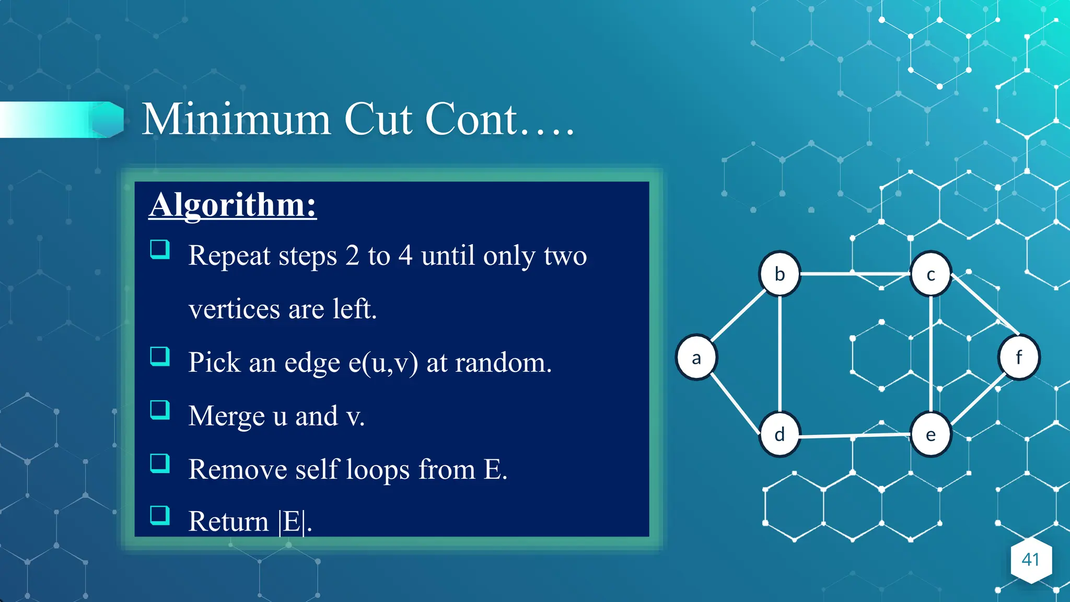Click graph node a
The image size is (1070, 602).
coord(696,357)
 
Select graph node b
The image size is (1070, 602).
coord(780,274)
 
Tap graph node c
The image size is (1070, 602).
coord(931,274)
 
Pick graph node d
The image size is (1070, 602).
coord(780,434)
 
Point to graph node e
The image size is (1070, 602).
coord(931,434)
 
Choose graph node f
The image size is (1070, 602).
coord(1019,357)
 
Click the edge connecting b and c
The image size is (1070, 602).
coord(855,273)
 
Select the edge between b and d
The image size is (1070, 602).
coord(780,354)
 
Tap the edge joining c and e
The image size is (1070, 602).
coord(931,354)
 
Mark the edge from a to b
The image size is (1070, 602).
coord(738,316)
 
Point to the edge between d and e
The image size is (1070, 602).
coord(855,435)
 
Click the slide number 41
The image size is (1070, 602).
coord(1030,560)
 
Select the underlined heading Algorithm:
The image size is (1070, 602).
coord(232,204)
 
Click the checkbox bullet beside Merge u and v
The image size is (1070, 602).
coord(160,410)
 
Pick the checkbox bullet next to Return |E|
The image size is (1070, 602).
coord(160,515)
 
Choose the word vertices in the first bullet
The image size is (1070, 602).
coord(235,309)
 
